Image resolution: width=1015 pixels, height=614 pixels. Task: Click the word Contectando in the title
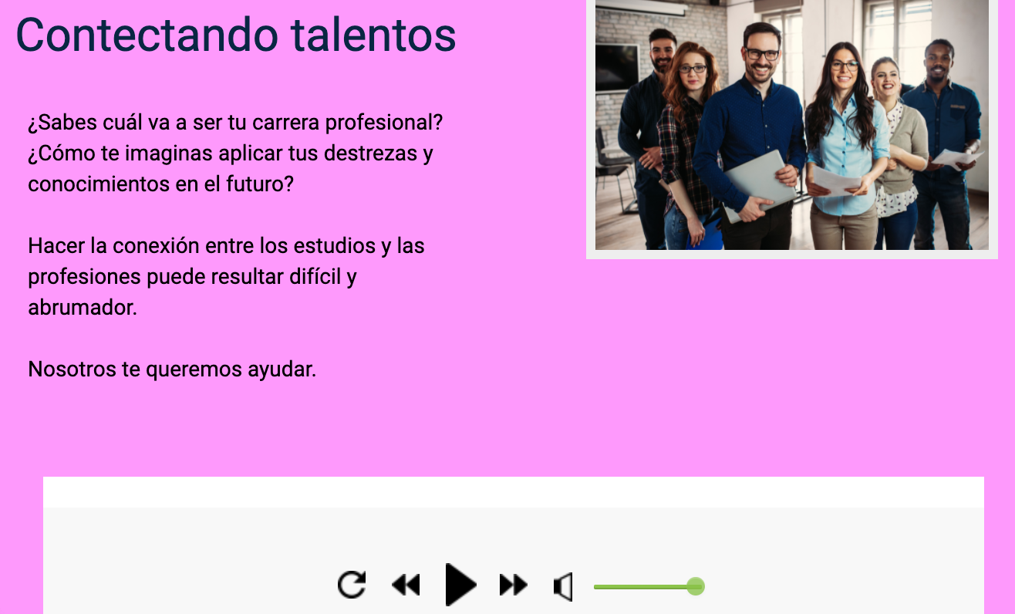[147, 35]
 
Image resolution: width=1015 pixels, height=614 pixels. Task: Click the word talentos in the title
[373, 35]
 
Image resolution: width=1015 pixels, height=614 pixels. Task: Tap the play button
[460, 585]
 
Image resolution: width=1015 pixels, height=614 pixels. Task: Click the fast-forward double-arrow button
[514, 585]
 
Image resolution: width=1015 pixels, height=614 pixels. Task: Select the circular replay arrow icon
[352, 584]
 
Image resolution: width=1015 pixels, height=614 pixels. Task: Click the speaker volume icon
[563, 587]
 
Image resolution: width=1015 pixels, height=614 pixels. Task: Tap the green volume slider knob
[695, 586]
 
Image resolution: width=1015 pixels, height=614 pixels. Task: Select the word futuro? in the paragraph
[260, 184]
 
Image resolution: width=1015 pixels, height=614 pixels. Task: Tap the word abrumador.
[83, 308]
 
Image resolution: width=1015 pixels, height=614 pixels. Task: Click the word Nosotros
[72, 369]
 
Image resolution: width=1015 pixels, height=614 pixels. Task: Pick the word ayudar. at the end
[282, 370]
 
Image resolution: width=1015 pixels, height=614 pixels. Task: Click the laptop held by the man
[759, 184]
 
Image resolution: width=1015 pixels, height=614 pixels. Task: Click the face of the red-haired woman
[693, 73]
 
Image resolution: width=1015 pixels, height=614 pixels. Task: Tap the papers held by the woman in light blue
[837, 181]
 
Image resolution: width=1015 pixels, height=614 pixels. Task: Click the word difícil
[315, 276]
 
